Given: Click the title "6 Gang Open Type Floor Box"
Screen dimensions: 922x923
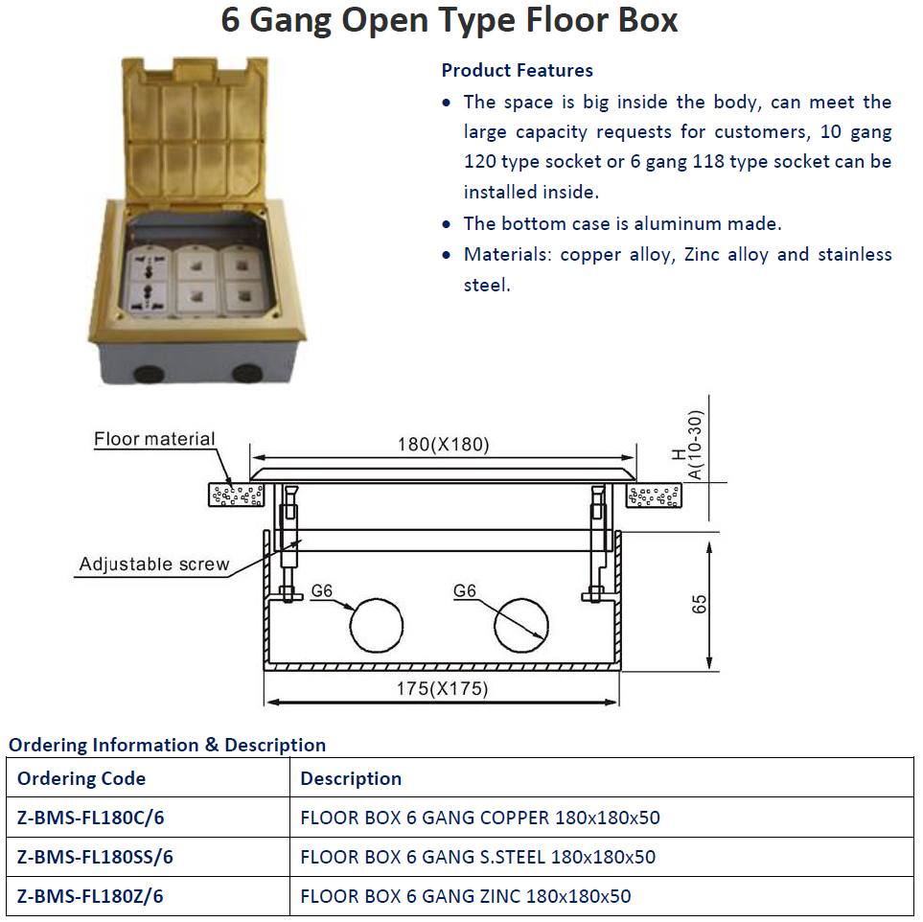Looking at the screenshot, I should pos(450,20).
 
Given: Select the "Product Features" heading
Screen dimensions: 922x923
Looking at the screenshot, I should pos(517,70).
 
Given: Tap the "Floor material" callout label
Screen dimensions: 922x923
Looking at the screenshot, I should pos(154,439).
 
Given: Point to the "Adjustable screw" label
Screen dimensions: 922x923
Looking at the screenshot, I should pos(154,564).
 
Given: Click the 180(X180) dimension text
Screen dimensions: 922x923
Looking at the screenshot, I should pos(443,445).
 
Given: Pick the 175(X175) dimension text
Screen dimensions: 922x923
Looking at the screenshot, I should pos(443,688).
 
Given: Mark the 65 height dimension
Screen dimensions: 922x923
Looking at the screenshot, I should pos(700,604).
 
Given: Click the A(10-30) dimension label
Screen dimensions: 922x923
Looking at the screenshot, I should pos(696,446).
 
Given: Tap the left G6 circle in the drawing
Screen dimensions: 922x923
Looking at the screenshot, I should pos(377,628).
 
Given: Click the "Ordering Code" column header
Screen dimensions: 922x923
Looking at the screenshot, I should pos(81,778).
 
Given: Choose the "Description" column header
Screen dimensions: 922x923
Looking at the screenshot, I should pos(351,778).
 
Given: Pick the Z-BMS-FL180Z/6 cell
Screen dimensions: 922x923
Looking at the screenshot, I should pos(90,896).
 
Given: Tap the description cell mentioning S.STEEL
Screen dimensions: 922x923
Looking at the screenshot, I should pos(477,857).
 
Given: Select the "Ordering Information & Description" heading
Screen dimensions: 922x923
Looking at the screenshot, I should pos(167,745).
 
